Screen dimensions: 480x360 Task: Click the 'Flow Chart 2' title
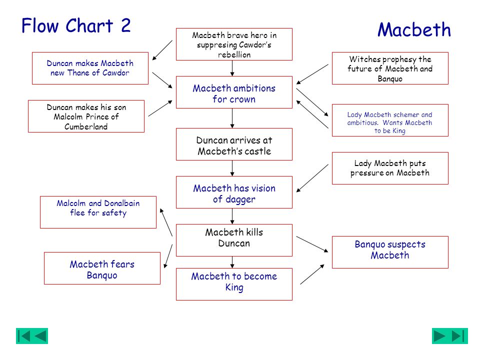coord(76,25)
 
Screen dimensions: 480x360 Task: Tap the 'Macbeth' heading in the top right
coord(414,29)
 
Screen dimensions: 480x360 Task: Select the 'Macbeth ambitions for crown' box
coord(234,92)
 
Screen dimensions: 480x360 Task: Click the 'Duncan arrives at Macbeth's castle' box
coord(234,144)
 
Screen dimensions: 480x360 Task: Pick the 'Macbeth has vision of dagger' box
coord(234,192)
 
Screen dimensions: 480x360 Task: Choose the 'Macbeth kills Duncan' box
coord(234,240)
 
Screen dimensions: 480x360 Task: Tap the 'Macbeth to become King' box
coord(234,284)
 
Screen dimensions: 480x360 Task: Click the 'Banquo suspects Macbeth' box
coord(390,252)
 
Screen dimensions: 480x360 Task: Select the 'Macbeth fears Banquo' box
coord(102,268)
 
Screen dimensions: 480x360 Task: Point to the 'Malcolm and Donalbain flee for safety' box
coord(98,212)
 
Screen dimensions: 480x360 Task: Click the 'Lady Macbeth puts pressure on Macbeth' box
coord(390,168)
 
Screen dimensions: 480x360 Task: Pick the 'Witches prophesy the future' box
coord(390,68)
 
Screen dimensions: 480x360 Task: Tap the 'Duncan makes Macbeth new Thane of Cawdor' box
coord(90,68)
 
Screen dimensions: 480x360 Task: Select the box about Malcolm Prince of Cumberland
coord(86,116)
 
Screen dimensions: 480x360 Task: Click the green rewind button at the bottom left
coord(32,336)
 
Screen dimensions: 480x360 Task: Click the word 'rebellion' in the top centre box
coord(234,55)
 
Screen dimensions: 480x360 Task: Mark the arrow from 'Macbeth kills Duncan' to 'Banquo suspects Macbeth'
coord(312,244)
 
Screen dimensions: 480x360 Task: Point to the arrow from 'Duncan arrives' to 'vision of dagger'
coord(232,168)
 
